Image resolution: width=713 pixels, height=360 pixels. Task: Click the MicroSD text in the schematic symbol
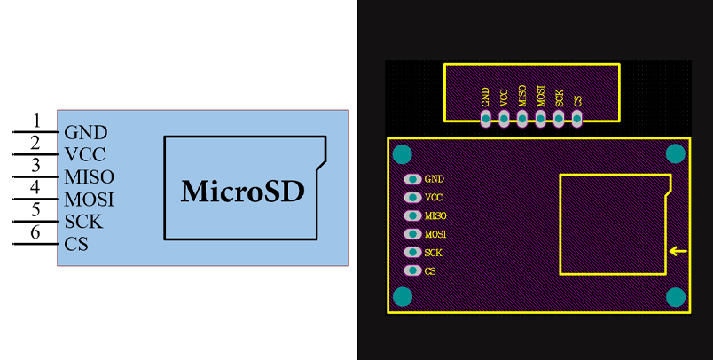coord(242,191)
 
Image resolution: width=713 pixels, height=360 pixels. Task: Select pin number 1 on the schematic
coord(36,121)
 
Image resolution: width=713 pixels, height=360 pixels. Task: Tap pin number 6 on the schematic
coord(36,232)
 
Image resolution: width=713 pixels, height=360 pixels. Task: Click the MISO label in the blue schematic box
coord(89,177)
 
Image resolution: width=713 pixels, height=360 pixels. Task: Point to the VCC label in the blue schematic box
coord(84,155)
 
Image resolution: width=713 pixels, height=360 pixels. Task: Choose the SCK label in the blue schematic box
coord(82,222)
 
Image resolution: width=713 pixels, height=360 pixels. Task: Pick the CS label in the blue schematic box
coord(76,244)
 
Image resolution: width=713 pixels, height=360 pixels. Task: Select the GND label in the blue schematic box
coord(86,133)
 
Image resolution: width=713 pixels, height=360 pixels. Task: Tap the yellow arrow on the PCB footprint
coord(678,252)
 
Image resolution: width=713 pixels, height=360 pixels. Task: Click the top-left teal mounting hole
coord(402,154)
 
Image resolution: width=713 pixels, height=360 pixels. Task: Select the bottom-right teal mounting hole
coord(676,296)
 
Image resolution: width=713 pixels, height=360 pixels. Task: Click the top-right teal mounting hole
coord(676,154)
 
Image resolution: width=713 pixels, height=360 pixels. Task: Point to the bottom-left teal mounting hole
coord(402,296)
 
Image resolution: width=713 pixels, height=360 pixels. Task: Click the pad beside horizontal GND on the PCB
coord(412,179)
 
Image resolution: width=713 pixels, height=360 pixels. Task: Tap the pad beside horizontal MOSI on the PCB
coord(412,234)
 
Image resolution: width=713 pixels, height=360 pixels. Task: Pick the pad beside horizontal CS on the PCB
coord(412,270)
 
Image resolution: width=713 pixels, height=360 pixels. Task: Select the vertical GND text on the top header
coord(485,97)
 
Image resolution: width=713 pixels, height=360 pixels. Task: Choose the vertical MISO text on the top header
coord(522,96)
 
